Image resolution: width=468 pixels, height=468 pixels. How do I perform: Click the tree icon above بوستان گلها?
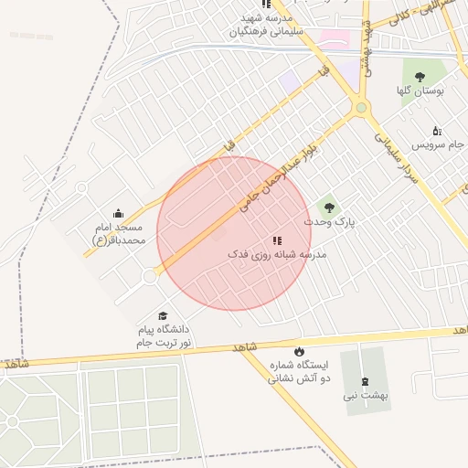(420, 77)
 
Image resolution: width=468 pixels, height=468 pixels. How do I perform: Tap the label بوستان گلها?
(420, 91)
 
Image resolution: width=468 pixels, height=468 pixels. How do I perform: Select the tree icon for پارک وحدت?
(328, 207)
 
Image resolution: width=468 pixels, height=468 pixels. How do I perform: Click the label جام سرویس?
(438, 144)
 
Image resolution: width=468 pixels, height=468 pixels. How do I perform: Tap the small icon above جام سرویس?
(436, 131)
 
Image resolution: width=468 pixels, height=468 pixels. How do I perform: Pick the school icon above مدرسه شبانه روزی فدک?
(277, 240)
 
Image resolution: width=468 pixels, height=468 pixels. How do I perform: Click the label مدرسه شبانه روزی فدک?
(277, 255)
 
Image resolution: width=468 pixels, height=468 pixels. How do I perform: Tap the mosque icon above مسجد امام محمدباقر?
(118, 213)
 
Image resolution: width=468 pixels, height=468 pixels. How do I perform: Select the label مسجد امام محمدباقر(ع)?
(118, 233)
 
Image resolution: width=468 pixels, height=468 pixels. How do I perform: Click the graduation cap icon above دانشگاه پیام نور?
(163, 315)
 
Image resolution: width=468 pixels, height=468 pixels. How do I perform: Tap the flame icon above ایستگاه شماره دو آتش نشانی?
(299, 351)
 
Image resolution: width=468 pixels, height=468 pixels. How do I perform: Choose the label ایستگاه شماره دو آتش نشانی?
(299, 370)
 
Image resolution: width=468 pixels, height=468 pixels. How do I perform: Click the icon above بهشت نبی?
(366, 381)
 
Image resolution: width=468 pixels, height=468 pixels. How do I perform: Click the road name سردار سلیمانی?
(395, 156)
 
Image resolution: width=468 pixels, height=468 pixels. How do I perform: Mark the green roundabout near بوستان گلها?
(361, 109)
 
